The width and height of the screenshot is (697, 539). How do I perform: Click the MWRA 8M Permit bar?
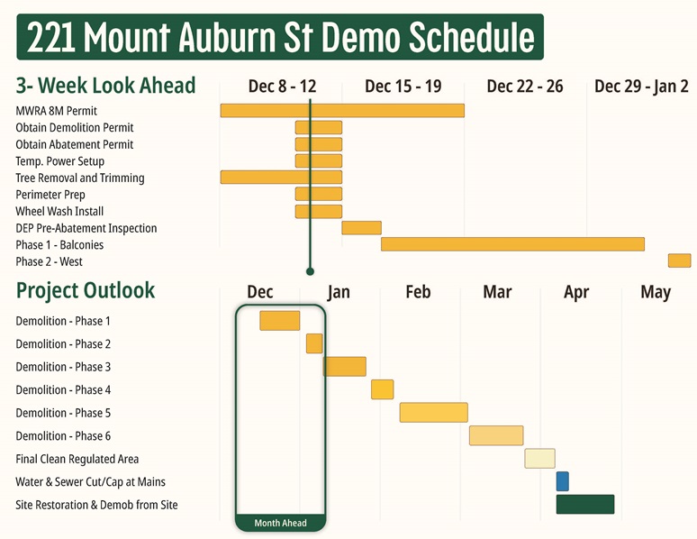point(342,110)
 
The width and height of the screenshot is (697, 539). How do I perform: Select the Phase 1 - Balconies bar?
point(512,244)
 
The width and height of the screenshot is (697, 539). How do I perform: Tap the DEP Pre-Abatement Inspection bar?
point(361,228)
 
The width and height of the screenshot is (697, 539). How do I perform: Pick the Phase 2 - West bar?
point(679,260)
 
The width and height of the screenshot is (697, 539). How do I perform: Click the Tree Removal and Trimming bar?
point(281,178)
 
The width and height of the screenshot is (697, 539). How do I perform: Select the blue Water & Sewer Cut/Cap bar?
point(562,481)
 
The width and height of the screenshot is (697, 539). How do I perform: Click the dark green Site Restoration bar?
point(584,504)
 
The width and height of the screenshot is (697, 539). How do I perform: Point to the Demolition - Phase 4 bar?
point(382,389)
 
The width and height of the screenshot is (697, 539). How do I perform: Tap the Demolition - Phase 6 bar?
point(495,435)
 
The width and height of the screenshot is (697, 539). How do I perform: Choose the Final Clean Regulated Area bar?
point(539,458)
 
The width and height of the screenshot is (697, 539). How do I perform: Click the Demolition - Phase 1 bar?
point(279,320)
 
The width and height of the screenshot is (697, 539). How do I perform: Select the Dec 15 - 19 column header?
point(403,87)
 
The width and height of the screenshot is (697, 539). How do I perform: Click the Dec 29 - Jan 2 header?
point(641,87)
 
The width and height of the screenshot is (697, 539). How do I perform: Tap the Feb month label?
point(418,292)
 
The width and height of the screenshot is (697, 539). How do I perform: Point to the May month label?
point(656,292)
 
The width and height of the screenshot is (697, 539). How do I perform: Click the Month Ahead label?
point(280,523)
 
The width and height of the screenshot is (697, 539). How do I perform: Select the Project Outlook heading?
point(86,290)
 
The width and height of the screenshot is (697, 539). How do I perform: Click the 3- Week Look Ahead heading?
point(105,86)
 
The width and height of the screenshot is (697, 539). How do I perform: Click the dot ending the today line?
point(310,270)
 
